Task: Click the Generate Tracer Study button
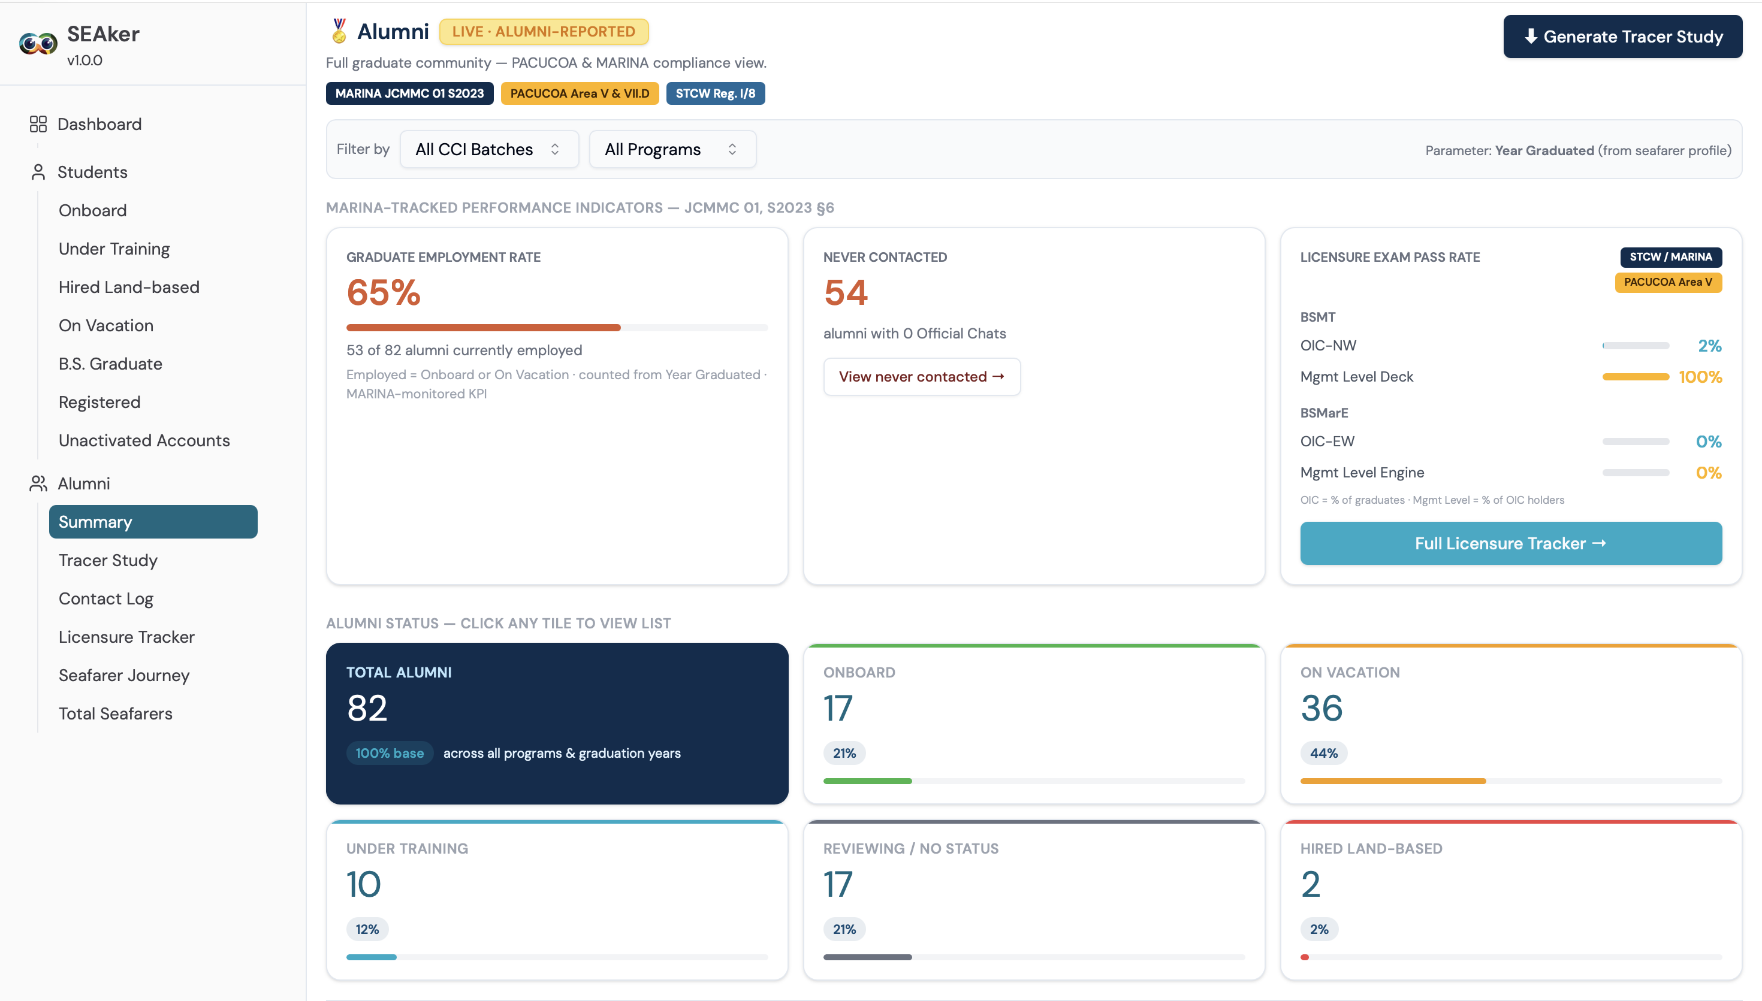click(x=1622, y=37)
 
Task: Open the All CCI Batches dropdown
click(x=489, y=149)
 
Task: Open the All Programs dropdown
click(x=672, y=149)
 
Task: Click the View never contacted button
click(x=922, y=377)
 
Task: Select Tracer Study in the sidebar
click(x=108, y=560)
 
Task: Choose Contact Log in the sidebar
click(x=106, y=599)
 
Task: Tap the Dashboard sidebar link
click(x=99, y=124)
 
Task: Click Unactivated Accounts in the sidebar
click(x=144, y=440)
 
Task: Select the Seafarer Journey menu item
click(x=124, y=675)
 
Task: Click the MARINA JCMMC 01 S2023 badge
click(x=409, y=93)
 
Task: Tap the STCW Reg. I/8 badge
click(x=715, y=93)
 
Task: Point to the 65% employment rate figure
click(x=384, y=292)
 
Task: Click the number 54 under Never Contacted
click(x=846, y=292)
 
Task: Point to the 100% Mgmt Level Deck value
click(x=1700, y=377)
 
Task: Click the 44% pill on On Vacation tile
click(x=1323, y=753)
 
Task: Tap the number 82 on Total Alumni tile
click(x=367, y=707)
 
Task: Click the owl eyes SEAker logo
click(x=38, y=44)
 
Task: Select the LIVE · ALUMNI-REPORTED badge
click(x=544, y=32)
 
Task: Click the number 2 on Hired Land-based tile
click(x=1310, y=884)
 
